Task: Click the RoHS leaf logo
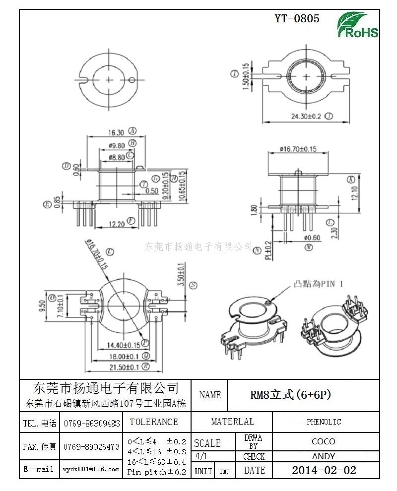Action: click(357, 25)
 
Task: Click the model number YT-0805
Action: click(297, 19)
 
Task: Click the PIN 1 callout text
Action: click(319, 284)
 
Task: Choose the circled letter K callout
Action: click(351, 179)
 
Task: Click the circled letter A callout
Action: click(132, 131)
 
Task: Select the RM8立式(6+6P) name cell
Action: click(290, 395)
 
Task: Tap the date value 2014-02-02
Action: click(324, 470)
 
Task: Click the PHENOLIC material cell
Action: click(324, 422)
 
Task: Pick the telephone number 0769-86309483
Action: click(92, 424)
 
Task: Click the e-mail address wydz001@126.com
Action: click(91, 469)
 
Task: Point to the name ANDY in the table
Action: click(324, 456)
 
